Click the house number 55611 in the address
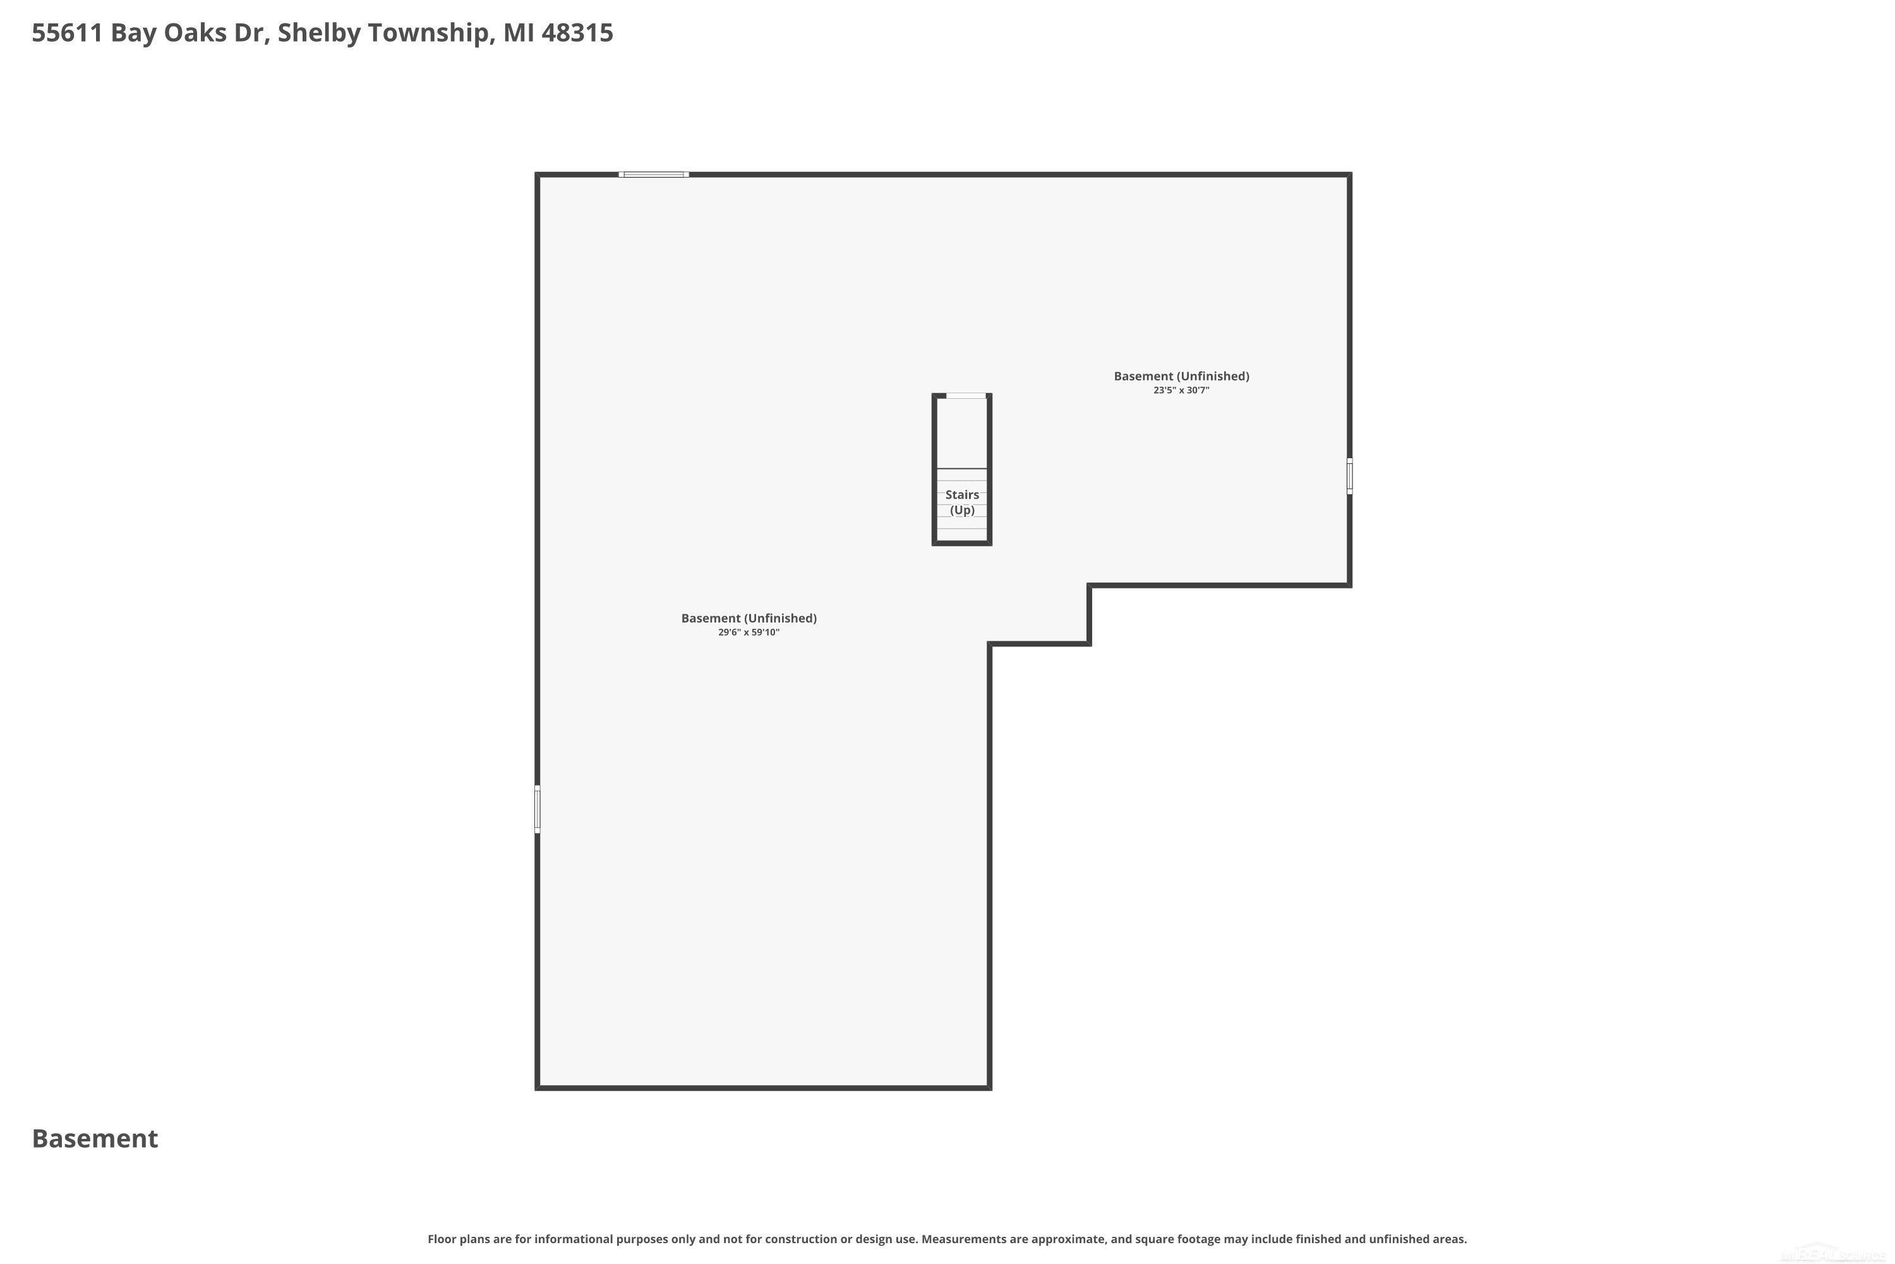point(67,33)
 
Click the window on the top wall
point(653,174)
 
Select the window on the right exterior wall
point(1349,477)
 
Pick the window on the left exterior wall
point(538,810)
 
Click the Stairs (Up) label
point(962,502)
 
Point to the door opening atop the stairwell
point(966,396)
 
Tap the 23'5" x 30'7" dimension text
point(1181,390)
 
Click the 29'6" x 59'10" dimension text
point(749,632)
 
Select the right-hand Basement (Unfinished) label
point(1181,377)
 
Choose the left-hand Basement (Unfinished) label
point(749,618)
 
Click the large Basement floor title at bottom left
point(95,1138)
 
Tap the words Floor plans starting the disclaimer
point(461,1239)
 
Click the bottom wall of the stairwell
point(962,544)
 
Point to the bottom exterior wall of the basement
point(763,1088)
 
